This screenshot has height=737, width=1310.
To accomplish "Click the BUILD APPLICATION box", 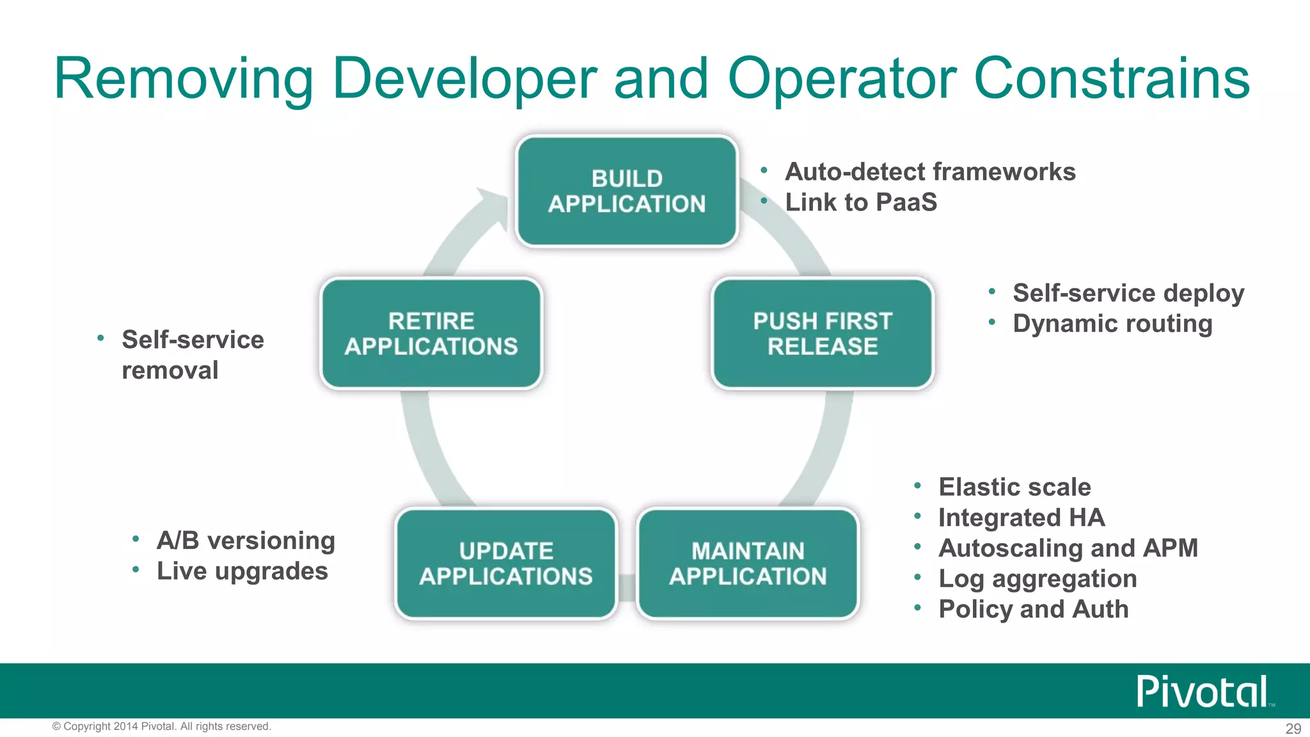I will click(627, 191).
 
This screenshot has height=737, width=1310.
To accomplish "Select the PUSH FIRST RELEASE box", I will click(823, 333).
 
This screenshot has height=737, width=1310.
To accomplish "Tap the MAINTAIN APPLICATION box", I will click(748, 564).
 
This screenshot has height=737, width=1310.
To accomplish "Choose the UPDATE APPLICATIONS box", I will click(506, 564).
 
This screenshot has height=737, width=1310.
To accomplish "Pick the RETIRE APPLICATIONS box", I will click(431, 333).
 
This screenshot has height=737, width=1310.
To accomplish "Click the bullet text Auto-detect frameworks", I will click(930, 171).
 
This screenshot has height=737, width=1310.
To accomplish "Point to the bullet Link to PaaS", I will click(861, 202).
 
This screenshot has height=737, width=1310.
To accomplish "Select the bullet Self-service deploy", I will click(1128, 293).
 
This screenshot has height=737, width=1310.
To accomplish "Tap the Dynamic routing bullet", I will click(1112, 324).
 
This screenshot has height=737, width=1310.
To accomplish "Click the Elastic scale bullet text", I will click(1014, 487).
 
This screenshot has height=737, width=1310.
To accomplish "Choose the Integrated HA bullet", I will click(1022, 518).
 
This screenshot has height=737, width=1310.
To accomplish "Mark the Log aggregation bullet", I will click(1038, 579).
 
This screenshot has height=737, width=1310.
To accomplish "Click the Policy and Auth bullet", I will click(1034, 609).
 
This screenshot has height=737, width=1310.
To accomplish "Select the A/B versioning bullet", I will click(246, 541).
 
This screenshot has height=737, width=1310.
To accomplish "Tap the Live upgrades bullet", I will click(242, 571).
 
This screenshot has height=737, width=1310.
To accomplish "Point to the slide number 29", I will click(1293, 728).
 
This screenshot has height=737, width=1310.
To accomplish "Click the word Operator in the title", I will click(842, 79).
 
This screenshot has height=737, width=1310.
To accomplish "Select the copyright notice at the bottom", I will click(162, 726).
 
